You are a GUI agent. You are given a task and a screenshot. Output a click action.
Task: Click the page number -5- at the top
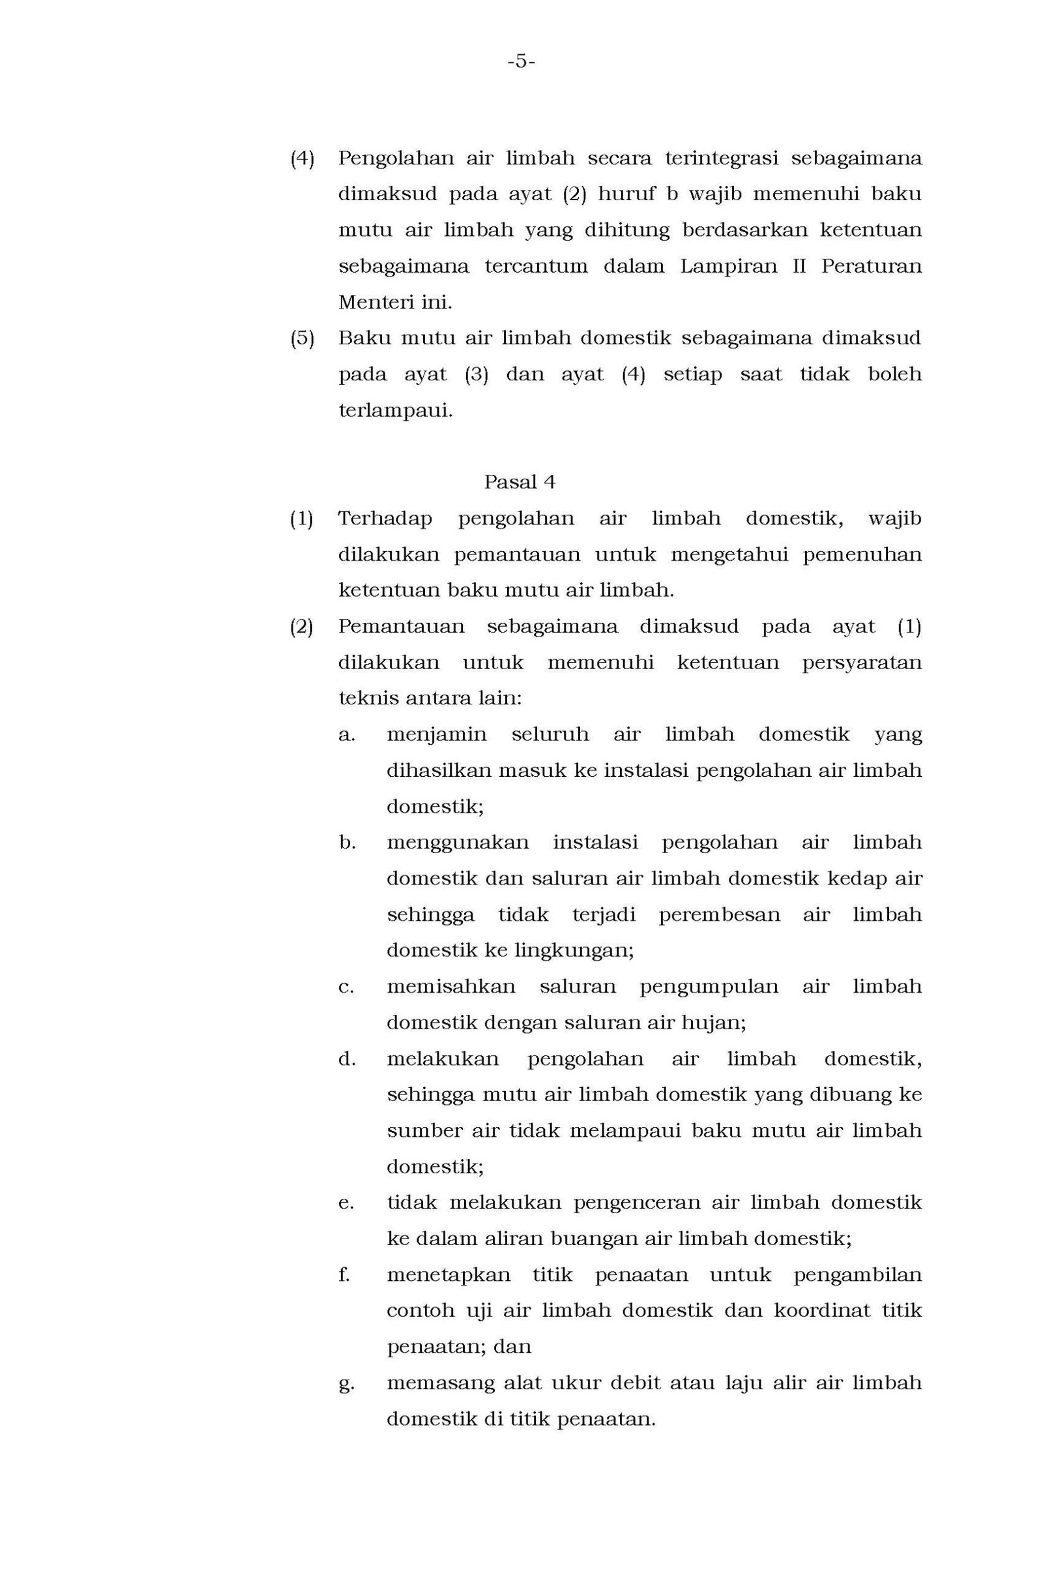point(521,62)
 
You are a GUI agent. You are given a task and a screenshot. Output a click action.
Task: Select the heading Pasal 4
point(520,482)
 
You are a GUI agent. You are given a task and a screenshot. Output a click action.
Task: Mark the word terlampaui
point(396,410)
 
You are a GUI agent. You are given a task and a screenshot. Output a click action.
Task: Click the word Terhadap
point(385,519)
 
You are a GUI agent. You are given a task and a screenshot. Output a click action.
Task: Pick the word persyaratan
point(861,663)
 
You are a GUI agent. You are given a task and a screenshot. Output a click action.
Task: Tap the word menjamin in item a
point(436,734)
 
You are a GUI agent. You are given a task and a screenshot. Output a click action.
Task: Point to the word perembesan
point(719,914)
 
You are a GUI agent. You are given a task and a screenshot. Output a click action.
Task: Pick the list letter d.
point(346,1059)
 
